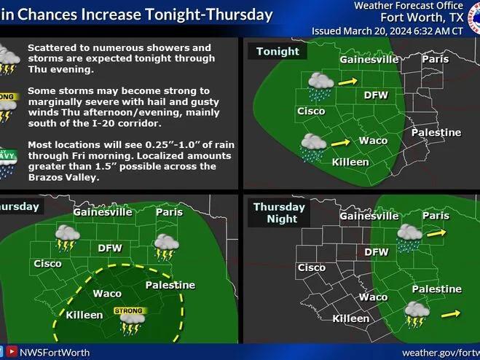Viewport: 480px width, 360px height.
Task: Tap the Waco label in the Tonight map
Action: (374, 140)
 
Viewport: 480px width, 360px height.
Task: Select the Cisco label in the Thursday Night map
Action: (312, 267)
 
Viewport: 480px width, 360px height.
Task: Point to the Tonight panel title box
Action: (278, 52)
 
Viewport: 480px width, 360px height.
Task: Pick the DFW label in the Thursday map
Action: (110, 248)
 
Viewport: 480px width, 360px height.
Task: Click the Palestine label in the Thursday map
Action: (170, 285)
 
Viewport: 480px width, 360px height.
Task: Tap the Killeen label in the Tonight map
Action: (350, 162)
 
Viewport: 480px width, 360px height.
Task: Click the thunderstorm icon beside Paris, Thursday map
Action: (165, 247)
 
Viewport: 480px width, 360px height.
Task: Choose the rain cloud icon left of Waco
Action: (312, 146)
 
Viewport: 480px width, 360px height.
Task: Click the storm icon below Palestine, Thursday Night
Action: (418, 314)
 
